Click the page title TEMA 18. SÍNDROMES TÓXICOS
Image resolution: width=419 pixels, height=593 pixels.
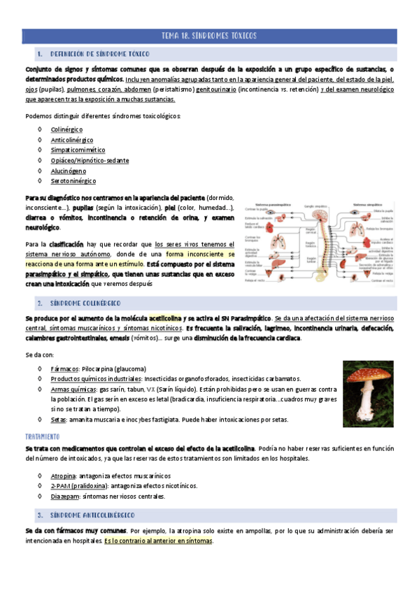tap(209, 36)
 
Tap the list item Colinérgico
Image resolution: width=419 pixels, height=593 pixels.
tap(66, 129)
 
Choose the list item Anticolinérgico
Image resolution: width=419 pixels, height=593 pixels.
tap(72, 140)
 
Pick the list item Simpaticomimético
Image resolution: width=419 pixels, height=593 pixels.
tap(78, 150)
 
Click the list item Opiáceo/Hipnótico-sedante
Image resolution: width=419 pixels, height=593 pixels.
tap(90, 160)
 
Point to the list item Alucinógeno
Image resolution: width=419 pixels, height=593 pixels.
tap(69, 171)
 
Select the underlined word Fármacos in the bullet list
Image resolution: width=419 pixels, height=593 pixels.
tap(64, 369)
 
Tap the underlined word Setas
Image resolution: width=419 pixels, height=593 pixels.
tap(58, 420)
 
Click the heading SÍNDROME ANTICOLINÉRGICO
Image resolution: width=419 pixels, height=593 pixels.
tap(91, 514)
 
